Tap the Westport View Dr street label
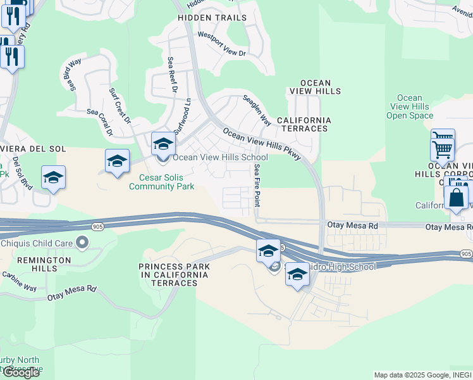221,44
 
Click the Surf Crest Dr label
120,106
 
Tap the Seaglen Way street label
257,110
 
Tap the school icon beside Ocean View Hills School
163,145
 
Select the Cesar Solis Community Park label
161,182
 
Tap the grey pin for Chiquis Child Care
82,242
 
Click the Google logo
20,372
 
